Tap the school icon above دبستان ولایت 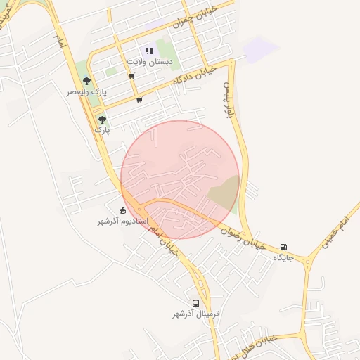tap(148, 51)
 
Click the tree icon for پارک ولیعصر tap(86, 81)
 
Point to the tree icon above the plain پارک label tap(103, 120)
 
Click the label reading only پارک tap(103, 130)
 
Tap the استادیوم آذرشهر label tap(123, 221)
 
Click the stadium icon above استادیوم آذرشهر tap(123, 210)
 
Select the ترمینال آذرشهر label tap(196, 313)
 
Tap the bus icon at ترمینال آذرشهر tap(196, 302)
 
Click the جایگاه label tap(283, 258)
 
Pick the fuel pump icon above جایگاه tap(283, 247)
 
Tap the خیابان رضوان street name tap(243, 237)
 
